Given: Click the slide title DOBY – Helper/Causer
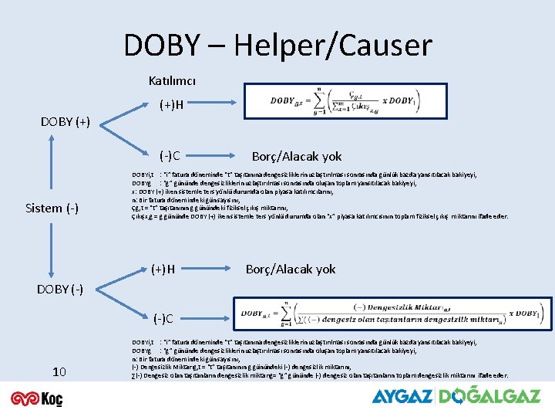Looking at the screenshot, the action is tap(277, 45).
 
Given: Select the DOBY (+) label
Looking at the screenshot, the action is tap(65, 121).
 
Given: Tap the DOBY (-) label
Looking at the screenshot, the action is tap(62, 288).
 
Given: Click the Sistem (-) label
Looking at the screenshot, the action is tap(52, 208).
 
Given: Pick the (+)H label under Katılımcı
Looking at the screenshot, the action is tap(171, 105).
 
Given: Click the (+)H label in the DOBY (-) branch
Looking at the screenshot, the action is tap(162, 270).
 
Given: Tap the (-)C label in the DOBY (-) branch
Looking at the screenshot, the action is tap(163, 318).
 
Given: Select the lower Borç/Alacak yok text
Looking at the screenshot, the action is tap(291, 270).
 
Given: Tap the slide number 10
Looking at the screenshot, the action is tap(59, 372).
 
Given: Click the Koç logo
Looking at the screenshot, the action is tap(37, 398).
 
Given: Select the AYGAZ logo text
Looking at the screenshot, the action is tap(402, 397).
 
